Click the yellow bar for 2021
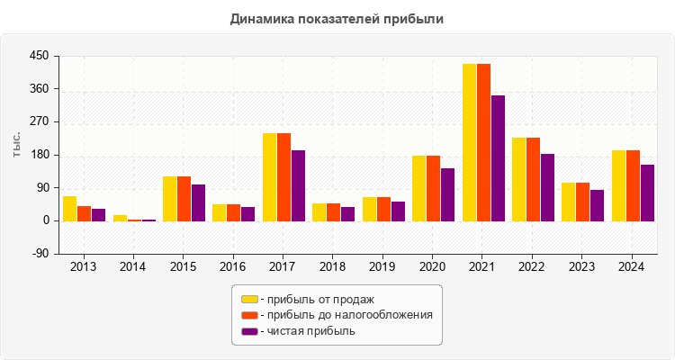[470, 142]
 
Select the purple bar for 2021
[498, 157]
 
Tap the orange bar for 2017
[283, 176]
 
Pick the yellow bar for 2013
[69, 208]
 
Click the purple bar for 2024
[647, 193]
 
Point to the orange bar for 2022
[533, 179]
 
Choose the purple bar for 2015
[198, 202]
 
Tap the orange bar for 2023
[582, 202]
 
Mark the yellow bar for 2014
[120, 218]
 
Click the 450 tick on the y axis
[39, 57]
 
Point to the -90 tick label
[39, 254]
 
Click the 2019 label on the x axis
[382, 267]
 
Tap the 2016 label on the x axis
[233, 267]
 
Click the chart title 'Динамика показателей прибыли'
[337, 18]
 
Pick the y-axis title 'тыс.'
[17, 145]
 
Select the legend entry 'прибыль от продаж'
[315, 299]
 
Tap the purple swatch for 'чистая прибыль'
[249, 331]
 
